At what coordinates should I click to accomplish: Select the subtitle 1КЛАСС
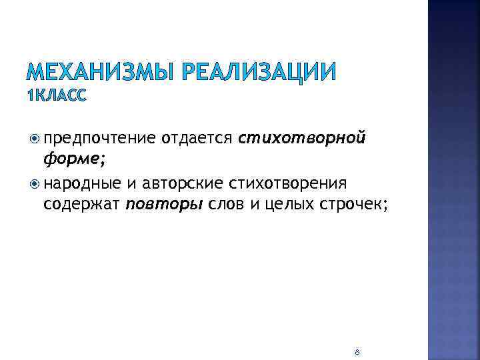point(57,97)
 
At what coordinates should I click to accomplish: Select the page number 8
point(357,351)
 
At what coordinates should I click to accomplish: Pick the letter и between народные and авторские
point(127,183)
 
